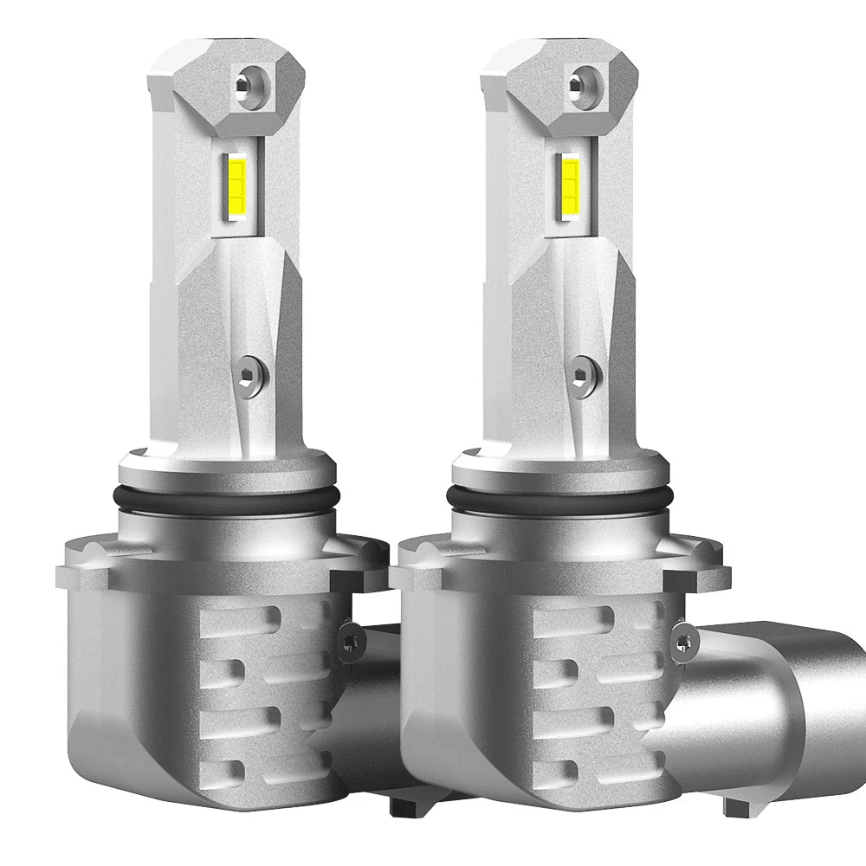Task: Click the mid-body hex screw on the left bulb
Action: point(251,373)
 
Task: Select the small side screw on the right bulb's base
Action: point(684,642)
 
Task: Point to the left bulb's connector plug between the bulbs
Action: point(372,693)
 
